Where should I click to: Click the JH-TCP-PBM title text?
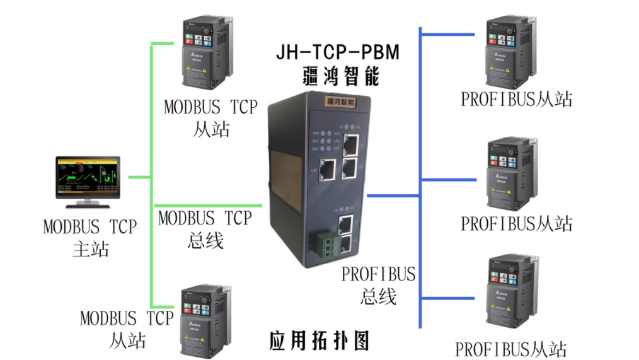[x=337, y=52]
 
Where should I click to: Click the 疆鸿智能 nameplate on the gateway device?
[x=340, y=101]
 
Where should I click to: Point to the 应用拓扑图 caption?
[x=319, y=340]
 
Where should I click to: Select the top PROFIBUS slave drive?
[x=510, y=54]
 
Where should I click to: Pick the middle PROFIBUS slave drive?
[x=510, y=173]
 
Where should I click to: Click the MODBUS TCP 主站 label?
[x=90, y=238]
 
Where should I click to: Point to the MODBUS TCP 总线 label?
[x=205, y=229]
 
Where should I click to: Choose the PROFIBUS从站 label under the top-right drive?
[x=516, y=100]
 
